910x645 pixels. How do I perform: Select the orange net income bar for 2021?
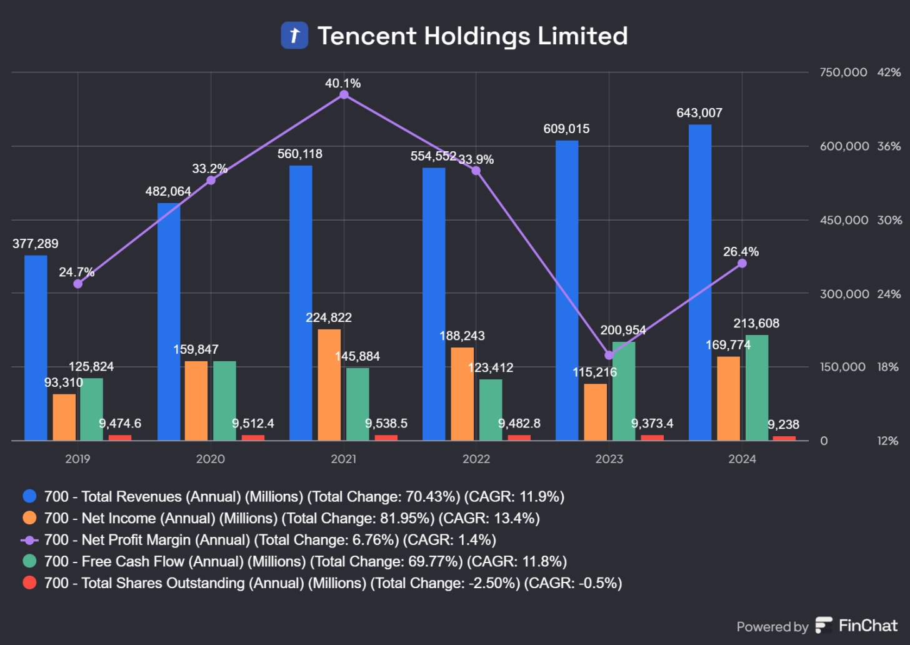[x=329, y=385]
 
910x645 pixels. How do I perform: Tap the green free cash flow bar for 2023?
[x=624, y=391]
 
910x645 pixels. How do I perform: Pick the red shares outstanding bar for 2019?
[x=120, y=437]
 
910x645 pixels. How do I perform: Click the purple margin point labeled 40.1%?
[x=344, y=95]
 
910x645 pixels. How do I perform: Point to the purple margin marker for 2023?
[x=609, y=355]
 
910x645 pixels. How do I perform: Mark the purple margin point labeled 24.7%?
[x=77, y=284]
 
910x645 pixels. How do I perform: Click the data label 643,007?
[x=699, y=113]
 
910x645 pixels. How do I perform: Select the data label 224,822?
[x=329, y=317]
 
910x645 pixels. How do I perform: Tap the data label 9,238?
[x=783, y=424]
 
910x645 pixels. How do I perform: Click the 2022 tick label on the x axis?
[x=476, y=459]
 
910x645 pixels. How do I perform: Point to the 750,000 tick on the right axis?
[x=843, y=72]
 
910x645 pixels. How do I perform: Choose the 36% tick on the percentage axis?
[x=889, y=146]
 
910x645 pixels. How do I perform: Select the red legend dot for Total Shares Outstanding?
[x=29, y=583]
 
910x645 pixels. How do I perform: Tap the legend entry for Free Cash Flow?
[x=305, y=561]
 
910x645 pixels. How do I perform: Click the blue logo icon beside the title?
[x=294, y=36]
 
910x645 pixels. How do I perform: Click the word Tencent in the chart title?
[x=366, y=36]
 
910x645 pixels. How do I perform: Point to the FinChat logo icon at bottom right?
[x=824, y=625]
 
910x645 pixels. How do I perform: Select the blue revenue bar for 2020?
[x=169, y=322]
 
